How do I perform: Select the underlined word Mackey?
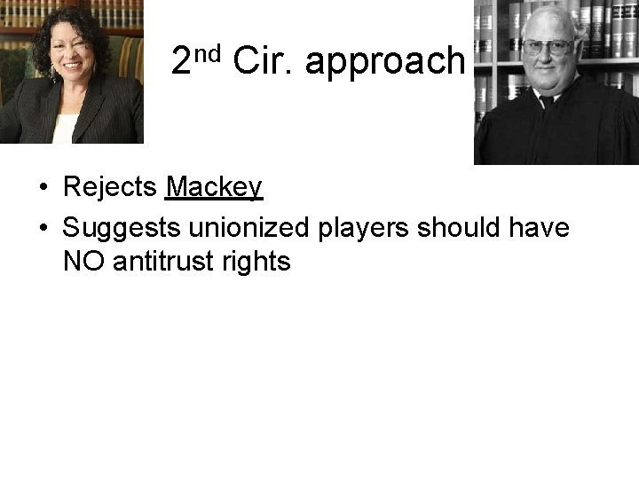pyautogui.click(x=214, y=187)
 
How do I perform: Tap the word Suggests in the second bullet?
pyautogui.click(x=121, y=228)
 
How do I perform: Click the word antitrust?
pyautogui.click(x=158, y=262)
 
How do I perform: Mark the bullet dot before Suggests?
pyautogui.click(x=43, y=230)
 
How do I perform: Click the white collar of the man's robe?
pyautogui.click(x=543, y=96)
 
